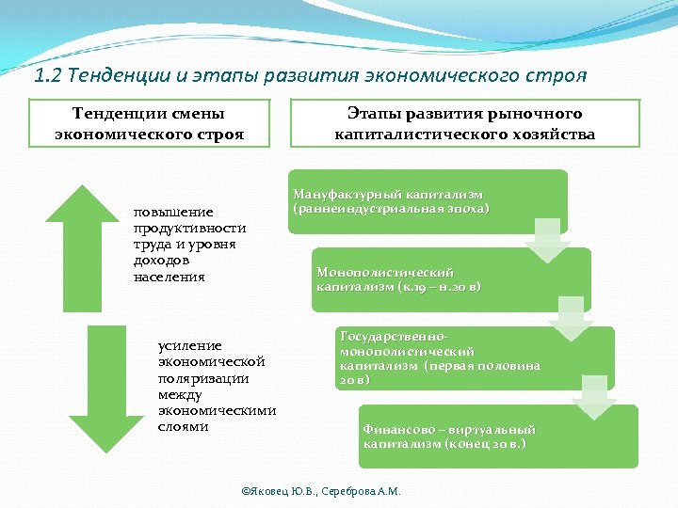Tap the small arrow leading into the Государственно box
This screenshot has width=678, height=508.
tap(571, 319)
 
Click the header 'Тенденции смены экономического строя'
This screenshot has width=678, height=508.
tap(150, 124)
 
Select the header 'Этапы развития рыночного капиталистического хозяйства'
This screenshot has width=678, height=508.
tap(465, 124)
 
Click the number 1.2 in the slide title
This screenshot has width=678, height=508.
tap(47, 74)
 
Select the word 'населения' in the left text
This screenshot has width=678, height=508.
tap(169, 278)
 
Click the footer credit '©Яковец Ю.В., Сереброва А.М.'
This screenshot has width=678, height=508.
tap(321, 491)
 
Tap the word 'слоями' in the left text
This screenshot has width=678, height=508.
tap(184, 427)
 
